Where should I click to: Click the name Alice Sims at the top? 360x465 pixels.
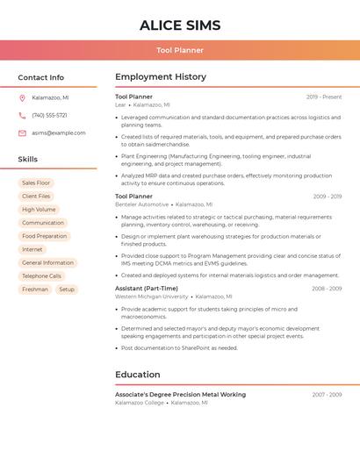(x=180, y=25)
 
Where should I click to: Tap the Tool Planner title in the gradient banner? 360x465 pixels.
(x=180, y=50)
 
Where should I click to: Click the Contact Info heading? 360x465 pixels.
(x=41, y=77)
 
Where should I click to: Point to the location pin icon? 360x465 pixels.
(x=22, y=97)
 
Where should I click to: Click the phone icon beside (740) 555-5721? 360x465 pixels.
(x=22, y=115)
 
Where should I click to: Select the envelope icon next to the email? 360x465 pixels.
(x=22, y=133)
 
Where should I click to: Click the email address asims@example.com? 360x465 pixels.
(x=59, y=133)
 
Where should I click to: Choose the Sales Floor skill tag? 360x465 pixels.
(x=36, y=182)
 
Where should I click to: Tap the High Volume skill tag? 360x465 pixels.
(x=39, y=210)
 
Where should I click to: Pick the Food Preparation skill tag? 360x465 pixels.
(x=44, y=236)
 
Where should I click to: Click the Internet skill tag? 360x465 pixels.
(x=32, y=249)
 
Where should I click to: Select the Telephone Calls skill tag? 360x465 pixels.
(x=41, y=275)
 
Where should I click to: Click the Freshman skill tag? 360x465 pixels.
(x=35, y=289)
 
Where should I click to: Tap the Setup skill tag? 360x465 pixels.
(x=67, y=289)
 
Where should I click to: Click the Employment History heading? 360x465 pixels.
(x=161, y=77)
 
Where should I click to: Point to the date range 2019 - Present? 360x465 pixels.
(x=324, y=97)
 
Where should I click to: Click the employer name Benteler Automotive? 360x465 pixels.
(x=141, y=204)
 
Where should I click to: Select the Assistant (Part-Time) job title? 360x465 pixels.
(x=147, y=288)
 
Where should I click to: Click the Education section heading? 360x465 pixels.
(x=138, y=375)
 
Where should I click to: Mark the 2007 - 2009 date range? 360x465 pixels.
(x=327, y=395)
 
